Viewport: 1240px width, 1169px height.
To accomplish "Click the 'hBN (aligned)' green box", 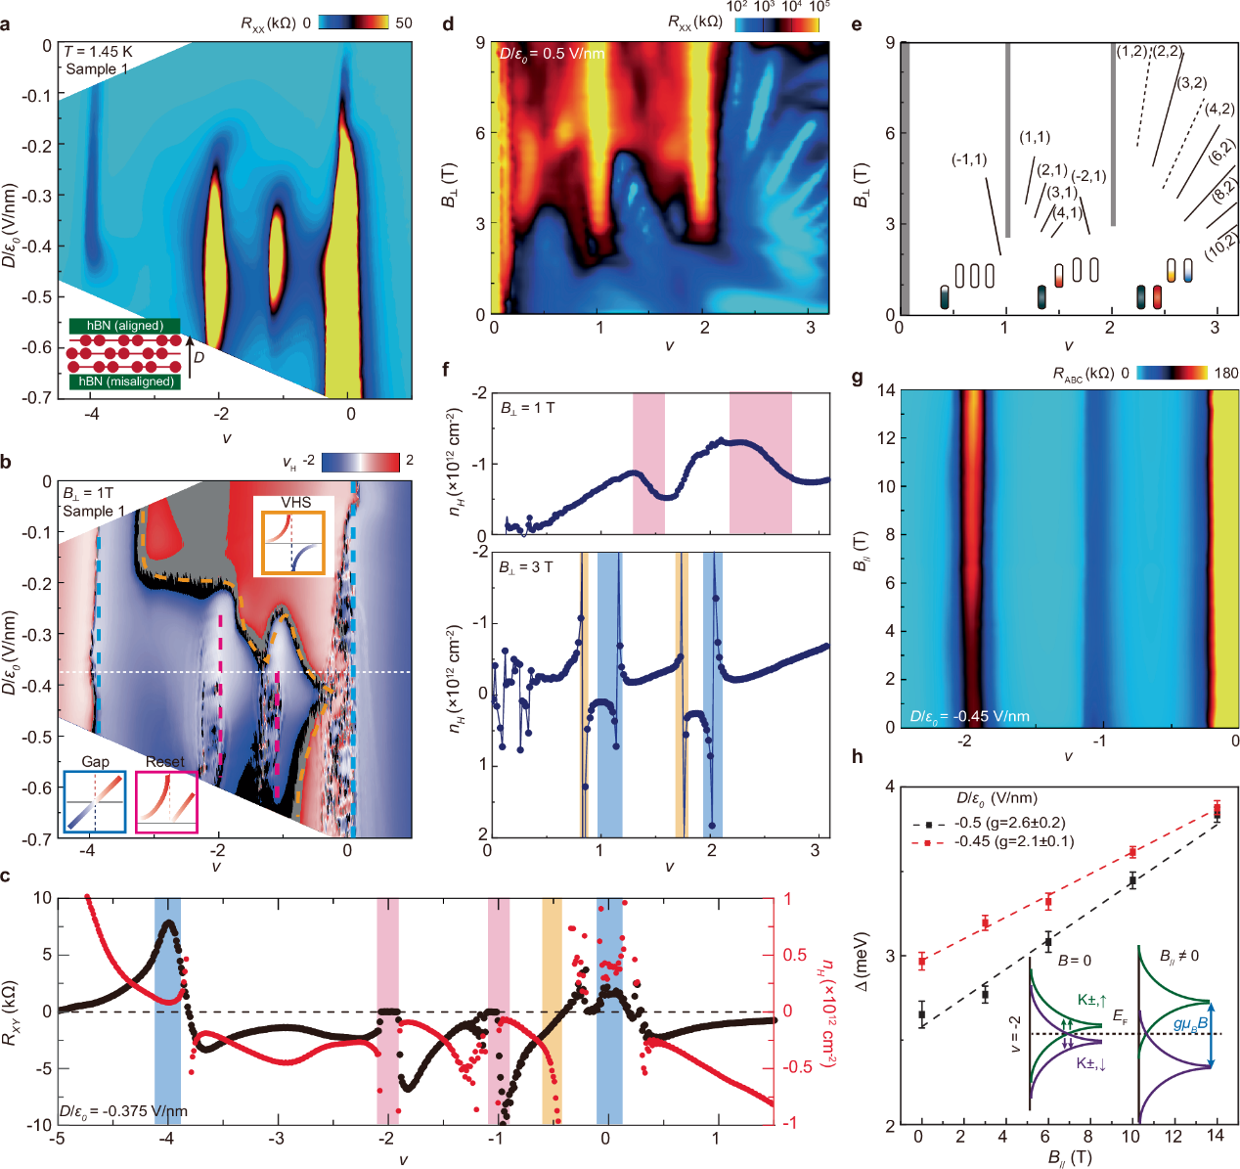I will [124, 326].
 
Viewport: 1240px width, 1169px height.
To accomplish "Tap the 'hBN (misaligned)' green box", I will [124, 382].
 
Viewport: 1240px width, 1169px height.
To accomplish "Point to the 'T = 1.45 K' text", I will [98, 52].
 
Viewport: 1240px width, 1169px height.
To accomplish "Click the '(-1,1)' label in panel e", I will [969, 159].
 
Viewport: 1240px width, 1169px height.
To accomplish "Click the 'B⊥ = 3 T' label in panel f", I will [526, 567].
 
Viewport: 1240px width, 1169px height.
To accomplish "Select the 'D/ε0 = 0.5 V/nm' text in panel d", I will [552, 54].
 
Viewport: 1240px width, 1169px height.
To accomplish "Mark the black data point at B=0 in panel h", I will [921, 1014].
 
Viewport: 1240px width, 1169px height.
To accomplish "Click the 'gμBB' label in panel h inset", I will [1190, 1024].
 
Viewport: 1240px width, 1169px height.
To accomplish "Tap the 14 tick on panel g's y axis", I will [887, 390].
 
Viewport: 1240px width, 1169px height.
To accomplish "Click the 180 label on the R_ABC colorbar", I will [1225, 373].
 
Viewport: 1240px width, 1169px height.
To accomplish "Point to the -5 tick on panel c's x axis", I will [59, 1139].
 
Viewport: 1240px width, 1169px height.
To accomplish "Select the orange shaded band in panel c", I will [553, 1011].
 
